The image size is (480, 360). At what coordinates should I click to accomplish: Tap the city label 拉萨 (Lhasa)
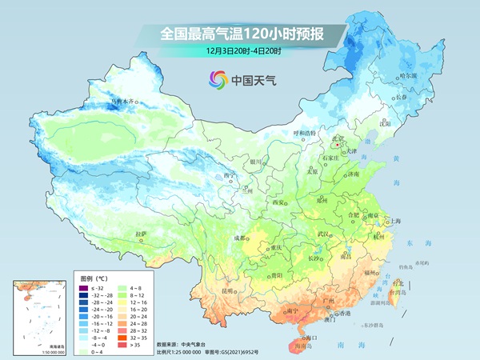[141, 234]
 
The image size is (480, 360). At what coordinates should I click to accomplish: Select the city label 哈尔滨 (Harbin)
[409, 75]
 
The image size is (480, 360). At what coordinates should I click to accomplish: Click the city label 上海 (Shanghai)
[394, 220]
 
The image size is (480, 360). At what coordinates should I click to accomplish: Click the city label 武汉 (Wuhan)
[323, 233]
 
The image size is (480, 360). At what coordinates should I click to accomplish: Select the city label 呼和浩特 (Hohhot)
[303, 132]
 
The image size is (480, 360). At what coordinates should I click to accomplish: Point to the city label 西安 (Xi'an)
[278, 202]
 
